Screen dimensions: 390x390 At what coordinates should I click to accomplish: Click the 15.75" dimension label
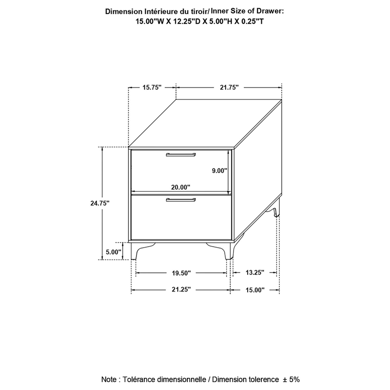click(152, 88)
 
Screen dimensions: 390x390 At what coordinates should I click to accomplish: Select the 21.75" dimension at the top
click(229, 88)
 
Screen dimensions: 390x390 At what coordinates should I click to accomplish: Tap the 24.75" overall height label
click(100, 203)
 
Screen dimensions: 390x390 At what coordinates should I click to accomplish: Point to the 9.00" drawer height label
click(220, 171)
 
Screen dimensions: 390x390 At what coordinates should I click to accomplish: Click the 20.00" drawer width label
click(180, 187)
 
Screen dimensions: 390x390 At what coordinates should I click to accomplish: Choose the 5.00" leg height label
click(114, 252)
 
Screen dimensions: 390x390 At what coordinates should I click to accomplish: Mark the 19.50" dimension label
click(181, 273)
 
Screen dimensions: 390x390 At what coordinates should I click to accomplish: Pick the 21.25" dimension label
click(181, 290)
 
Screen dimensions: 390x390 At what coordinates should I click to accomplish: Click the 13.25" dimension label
click(255, 273)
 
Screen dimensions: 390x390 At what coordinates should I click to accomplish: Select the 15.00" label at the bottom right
click(255, 290)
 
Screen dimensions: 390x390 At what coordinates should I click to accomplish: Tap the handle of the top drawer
click(181, 155)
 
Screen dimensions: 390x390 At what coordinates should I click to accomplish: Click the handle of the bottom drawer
click(181, 200)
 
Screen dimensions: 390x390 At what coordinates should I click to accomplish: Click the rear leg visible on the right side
click(274, 208)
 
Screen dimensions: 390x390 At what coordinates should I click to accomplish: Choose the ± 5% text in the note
click(291, 379)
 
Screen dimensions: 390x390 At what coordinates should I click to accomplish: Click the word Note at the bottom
click(109, 379)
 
